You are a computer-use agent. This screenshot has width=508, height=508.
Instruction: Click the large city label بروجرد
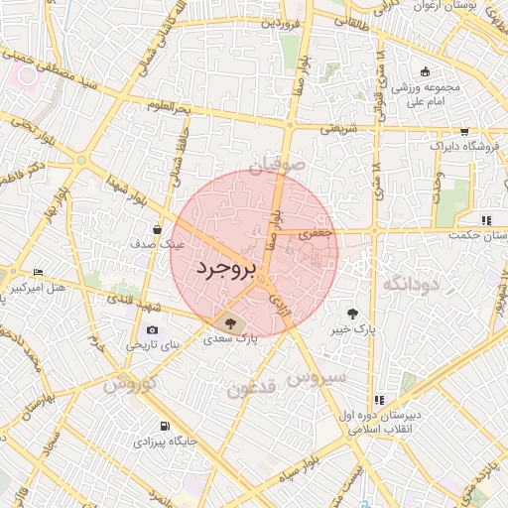pos(226,268)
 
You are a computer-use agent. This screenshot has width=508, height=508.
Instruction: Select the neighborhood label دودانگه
pos(410,286)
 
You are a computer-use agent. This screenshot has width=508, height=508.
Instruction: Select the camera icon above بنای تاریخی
pos(152,329)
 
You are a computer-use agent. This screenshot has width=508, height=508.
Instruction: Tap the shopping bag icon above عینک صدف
pos(158,228)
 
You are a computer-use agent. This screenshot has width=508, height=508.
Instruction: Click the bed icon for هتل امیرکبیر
pos(38,272)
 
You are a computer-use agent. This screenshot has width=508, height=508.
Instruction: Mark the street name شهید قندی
pos(125,298)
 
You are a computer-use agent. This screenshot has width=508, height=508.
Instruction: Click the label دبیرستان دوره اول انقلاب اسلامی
pos(377,420)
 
